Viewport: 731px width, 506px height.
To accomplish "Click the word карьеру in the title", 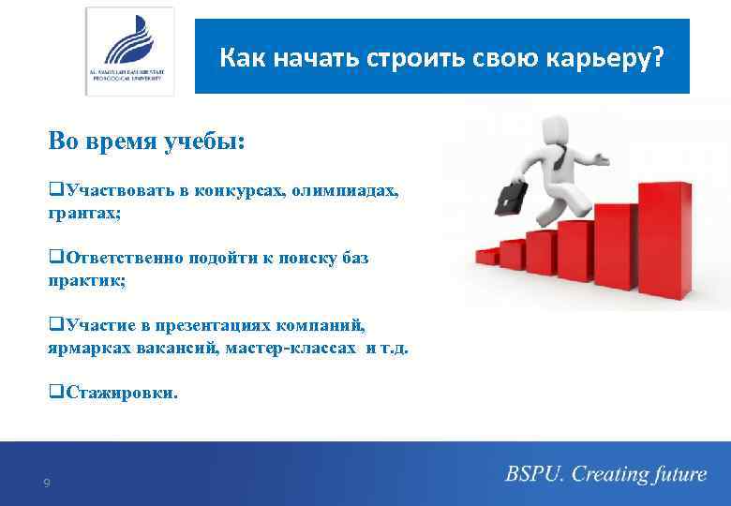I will pyautogui.click(x=612, y=58).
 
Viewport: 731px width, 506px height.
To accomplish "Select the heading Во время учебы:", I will pyautogui.click(x=146, y=141).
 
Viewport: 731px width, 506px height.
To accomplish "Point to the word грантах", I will pyautogui.click(x=82, y=214).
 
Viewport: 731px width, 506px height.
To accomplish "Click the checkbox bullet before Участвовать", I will pyautogui.click(x=54, y=192).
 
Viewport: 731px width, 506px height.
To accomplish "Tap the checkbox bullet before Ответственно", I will pyautogui.click(x=54, y=259).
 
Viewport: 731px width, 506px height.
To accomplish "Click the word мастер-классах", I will pyautogui.click(x=298, y=348).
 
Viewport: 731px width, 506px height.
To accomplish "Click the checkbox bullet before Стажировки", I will pyautogui.click(x=54, y=394).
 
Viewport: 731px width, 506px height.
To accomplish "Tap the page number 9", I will pyautogui.click(x=47, y=484).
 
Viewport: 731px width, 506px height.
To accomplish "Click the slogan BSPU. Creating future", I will pyautogui.click(x=605, y=475).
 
